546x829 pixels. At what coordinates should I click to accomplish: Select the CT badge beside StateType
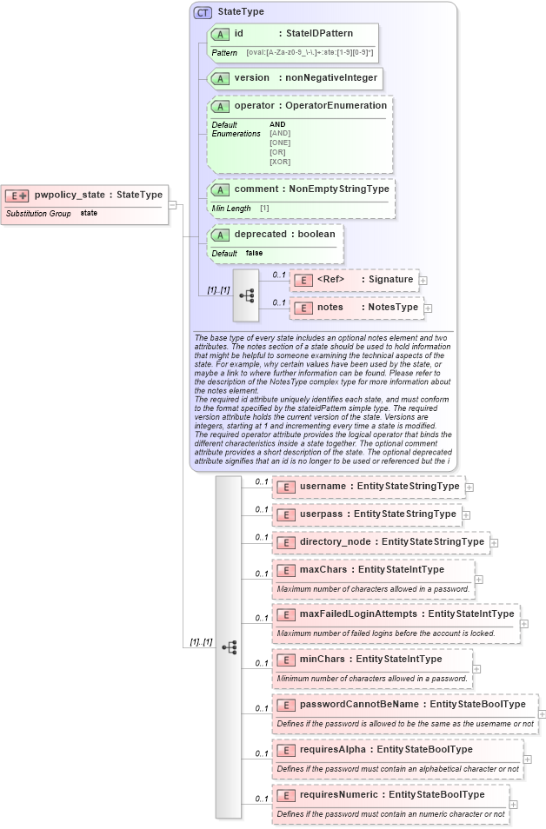(x=203, y=12)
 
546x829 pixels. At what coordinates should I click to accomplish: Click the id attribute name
(x=239, y=33)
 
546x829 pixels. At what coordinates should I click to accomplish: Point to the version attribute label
(x=251, y=77)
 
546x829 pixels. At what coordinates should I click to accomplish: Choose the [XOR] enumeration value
(x=280, y=162)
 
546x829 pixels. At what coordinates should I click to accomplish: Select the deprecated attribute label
(x=261, y=234)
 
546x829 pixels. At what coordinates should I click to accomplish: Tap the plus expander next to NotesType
(x=428, y=308)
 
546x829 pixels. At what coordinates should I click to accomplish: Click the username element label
(x=322, y=487)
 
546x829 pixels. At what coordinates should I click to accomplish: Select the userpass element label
(x=321, y=514)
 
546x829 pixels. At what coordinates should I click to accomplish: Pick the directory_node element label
(x=334, y=541)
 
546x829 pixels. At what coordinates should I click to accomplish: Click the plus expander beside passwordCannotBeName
(x=543, y=713)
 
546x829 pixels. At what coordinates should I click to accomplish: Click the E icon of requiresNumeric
(x=285, y=794)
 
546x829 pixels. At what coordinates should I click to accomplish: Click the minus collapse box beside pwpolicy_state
(x=173, y=205)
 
